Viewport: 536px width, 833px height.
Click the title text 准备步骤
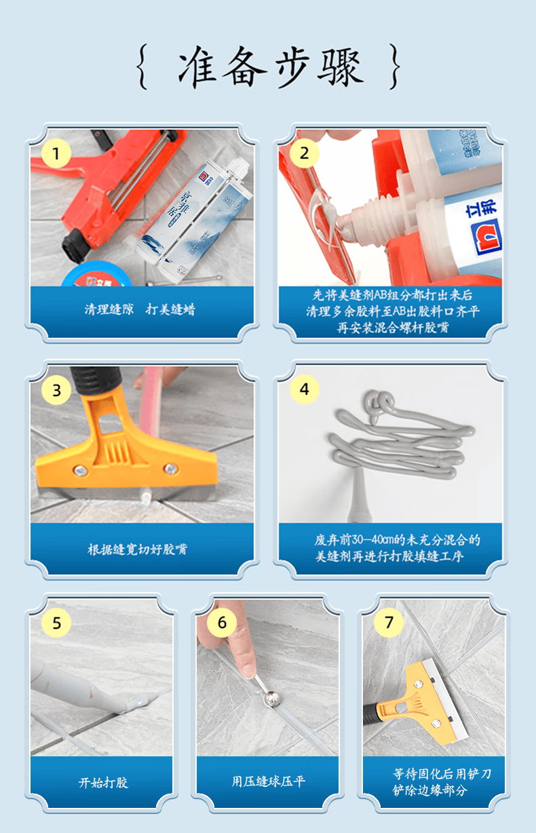(271, 66)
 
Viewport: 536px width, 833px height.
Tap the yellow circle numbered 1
(56, 153)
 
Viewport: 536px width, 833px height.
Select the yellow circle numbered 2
(304, 153)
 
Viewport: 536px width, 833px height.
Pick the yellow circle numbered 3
(56, 390)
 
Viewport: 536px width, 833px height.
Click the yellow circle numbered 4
(304, 389)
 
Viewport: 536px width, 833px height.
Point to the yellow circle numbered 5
(56, 623)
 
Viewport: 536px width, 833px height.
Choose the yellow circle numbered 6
(222, 622)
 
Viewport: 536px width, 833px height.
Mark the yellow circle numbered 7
(389, 622)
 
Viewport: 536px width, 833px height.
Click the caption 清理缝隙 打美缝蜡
(140, 309)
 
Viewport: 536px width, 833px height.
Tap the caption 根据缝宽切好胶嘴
(137, 549)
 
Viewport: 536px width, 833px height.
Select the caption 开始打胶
(103, 782)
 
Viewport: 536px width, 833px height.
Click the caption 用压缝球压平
(268, 781)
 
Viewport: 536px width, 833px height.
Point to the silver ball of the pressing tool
(271, 699)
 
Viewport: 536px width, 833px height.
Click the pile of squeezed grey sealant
(400, 435)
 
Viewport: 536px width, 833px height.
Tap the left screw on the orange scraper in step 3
(80, 471)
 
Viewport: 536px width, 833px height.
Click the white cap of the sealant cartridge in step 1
(238, 167)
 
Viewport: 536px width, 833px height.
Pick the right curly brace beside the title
(395, 66)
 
